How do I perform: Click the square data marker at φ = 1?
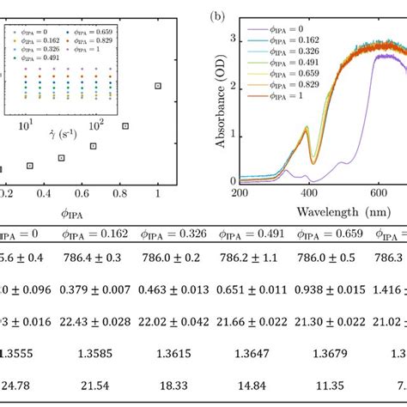point(157,85)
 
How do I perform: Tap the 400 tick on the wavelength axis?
point(313,194)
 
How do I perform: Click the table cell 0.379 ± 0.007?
point(102,289)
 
